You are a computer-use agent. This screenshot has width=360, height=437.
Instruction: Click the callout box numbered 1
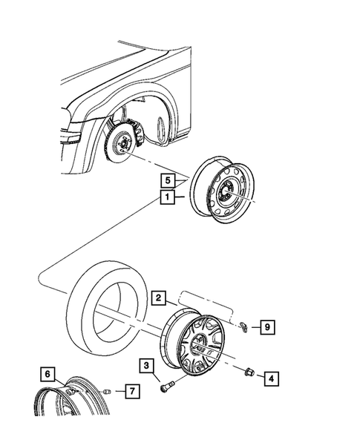click(169, 197)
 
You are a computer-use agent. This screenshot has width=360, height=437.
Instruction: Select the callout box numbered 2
click(159, 298)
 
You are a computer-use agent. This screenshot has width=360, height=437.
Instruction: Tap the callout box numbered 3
click(147, 365)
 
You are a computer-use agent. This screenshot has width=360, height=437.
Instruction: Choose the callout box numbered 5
click(169, 180)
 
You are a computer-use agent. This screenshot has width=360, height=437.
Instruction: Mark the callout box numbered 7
click(129, 390)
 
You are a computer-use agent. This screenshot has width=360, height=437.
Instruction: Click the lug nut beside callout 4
click(249, 370)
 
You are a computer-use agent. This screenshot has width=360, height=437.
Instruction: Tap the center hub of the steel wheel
click(225, 194)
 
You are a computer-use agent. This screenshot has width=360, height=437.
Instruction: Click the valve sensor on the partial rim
click(73, 390)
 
